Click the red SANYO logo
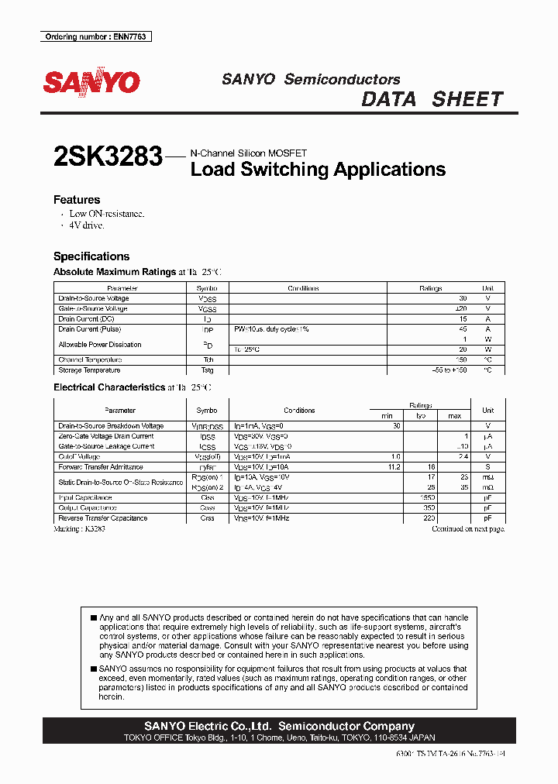[91, 82]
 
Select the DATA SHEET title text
[432, 99]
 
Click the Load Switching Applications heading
[318, 170]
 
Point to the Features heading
[77, 200]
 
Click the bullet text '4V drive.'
[86, 225]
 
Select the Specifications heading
[91, 256]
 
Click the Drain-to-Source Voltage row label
[94, 298]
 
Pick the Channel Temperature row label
[90, 359]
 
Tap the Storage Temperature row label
[89, 370]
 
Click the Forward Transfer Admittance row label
[101, 467]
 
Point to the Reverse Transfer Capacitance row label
[103, 518]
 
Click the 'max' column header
[454, 416]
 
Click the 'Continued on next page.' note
[467, 528]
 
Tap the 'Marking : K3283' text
[79, 528]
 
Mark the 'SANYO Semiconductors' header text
[311, 79]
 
